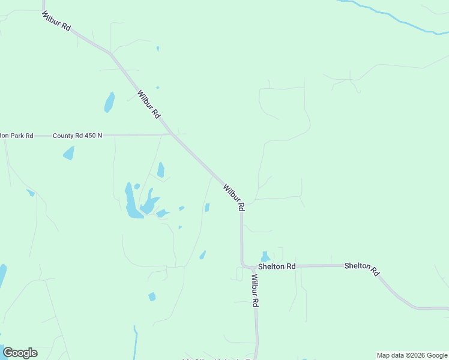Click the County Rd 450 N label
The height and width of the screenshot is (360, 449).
(x=77, y=136)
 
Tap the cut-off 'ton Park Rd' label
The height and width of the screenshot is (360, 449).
(x=16, y=136)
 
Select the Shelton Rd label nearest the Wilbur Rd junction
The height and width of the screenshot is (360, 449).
(x=277, y=266)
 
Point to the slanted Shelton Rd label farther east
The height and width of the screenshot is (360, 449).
(x=362, y=269)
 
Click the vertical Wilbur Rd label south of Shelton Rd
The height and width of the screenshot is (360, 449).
(x=255, y=291)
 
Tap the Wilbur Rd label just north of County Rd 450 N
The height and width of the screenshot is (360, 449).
(x=149, y=103)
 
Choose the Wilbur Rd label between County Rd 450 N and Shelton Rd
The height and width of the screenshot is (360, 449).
(x=234, y=197)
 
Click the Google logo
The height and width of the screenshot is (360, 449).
(x=20, y=353)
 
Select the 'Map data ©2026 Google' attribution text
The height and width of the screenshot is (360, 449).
(x=412, y=355)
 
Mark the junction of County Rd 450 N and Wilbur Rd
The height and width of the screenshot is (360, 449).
(x=173, y=134)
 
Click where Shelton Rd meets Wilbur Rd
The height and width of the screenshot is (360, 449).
(x=243, y=265)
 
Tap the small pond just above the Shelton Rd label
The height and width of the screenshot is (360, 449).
(x=265, y=257)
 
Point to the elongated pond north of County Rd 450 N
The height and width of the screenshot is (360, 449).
(x=109, y=102)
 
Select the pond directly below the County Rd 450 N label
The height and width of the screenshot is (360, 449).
(x=69, y=153)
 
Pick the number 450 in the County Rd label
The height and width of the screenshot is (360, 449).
(x=90, y=136)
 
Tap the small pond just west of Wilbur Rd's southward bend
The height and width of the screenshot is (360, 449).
(x=207, y=208)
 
